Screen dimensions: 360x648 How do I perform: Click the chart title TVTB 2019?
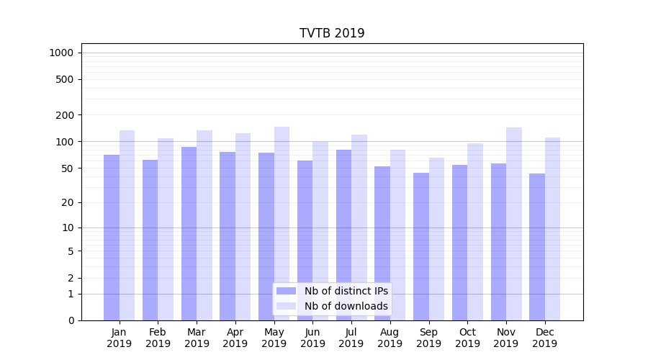[332, 34]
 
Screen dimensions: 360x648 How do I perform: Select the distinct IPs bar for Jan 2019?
[112, 238]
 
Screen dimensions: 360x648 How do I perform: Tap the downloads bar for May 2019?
[282, 223]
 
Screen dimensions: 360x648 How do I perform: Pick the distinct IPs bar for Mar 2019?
[189, 234]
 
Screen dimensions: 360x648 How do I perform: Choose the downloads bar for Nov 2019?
[514, 224]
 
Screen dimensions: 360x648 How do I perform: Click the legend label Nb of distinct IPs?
[346, 291]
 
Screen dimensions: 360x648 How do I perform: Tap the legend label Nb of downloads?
[346, 306]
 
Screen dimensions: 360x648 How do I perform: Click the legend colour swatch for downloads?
[287, 306]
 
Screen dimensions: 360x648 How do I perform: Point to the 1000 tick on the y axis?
[61, 53]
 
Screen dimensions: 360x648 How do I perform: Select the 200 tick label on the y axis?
[66, 115]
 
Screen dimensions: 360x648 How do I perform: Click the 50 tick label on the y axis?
[68, 168]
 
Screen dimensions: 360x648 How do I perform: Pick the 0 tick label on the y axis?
[71, 320]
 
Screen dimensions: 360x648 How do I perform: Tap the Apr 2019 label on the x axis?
[235, 338]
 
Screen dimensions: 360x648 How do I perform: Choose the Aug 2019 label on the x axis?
[390, 338]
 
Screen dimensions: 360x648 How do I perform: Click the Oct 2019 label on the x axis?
[467, 338]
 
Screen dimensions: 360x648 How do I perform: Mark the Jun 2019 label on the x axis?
[312, 338]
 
